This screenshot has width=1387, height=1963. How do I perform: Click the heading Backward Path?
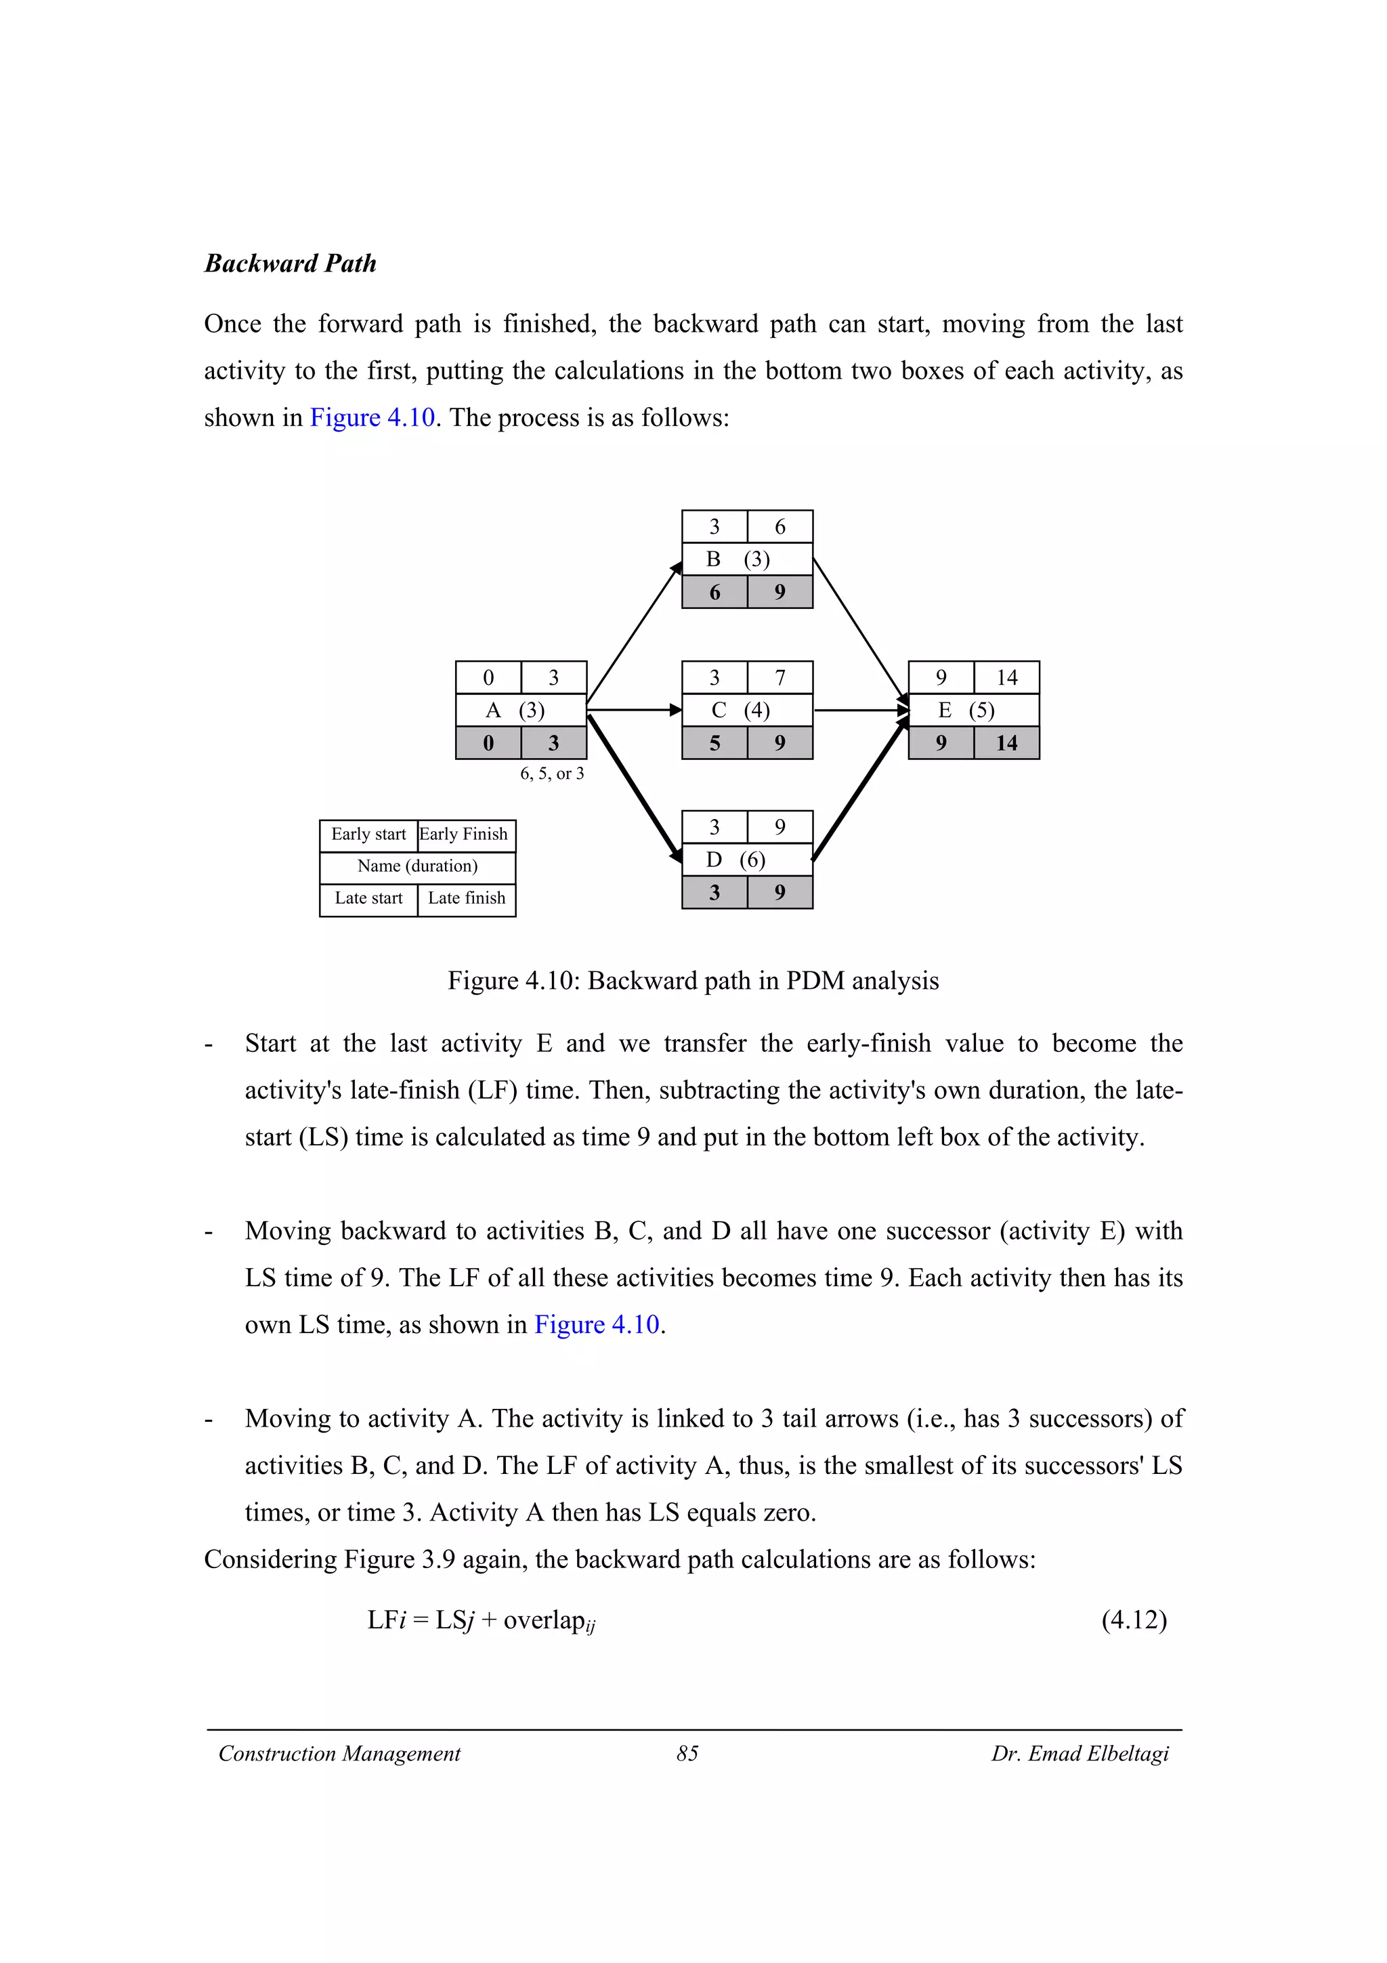click(290, 263)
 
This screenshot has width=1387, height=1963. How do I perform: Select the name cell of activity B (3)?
click(746, 559)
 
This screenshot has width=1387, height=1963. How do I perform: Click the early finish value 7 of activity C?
click(780, 678)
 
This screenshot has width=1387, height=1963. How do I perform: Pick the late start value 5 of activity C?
click(714, 743)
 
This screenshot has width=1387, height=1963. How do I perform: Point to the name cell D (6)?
click(746, 860)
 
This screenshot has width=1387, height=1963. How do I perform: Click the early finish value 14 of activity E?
click(1006, 678)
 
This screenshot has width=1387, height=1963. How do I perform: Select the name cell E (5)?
click(973, 711)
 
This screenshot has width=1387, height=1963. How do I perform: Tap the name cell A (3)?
click(520, 711)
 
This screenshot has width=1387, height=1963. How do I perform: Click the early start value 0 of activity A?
click(488, 678)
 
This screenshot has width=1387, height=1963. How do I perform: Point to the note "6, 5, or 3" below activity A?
click(552, 774)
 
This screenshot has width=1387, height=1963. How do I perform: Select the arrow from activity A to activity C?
click(633, 710)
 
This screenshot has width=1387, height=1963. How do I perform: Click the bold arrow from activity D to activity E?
click(859, 788)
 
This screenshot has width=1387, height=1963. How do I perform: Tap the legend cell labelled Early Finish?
click(466, 835)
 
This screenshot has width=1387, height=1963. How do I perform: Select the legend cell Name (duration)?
click(417, 866)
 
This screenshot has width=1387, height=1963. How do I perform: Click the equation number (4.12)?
click(1133, 1620)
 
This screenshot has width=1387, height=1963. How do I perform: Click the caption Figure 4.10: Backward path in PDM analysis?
click(693, 981)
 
